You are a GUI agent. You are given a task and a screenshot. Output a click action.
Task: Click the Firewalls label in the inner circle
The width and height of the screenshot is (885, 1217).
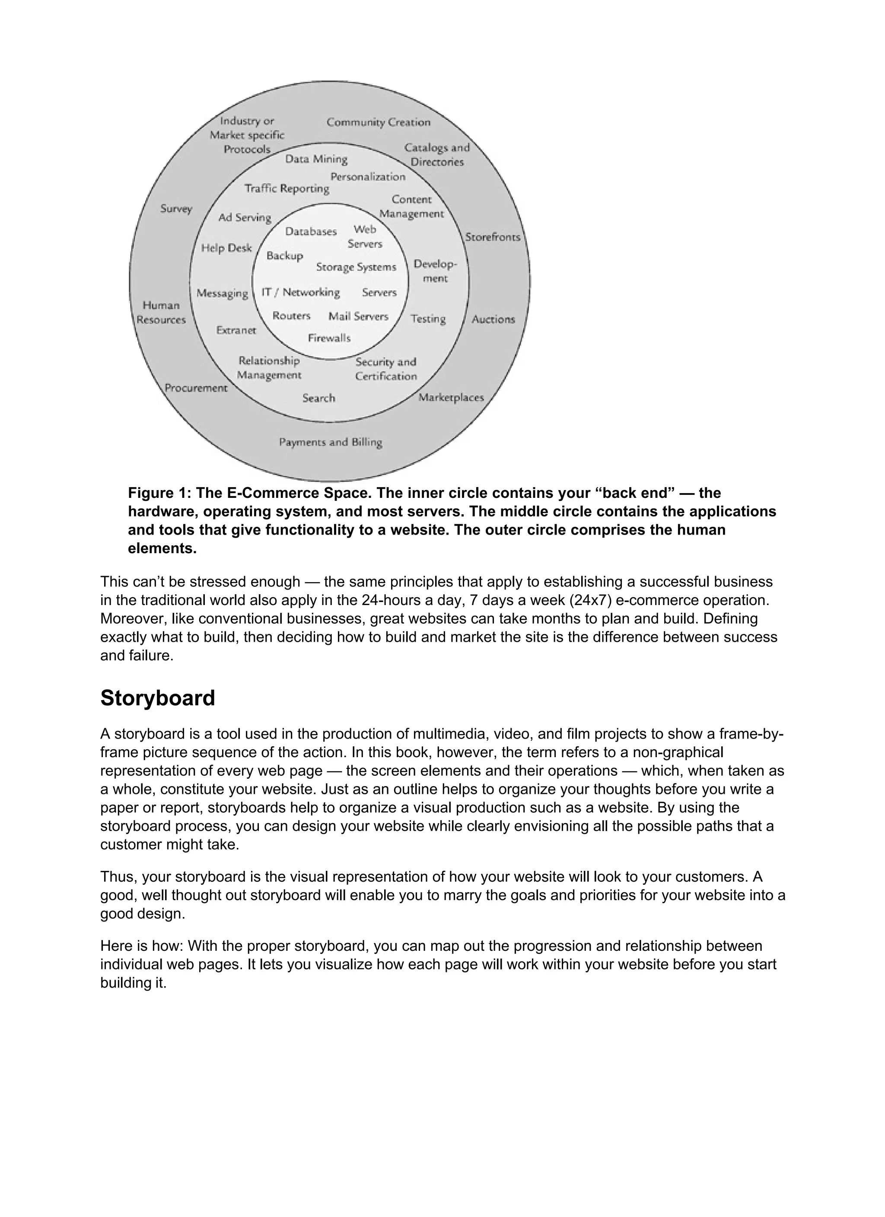[x=329, y=338]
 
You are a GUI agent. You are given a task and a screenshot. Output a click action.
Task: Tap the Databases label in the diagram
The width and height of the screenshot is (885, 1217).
[x=311, y=231]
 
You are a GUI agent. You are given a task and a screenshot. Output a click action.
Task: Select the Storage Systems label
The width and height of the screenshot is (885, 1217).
[x=356, y=267]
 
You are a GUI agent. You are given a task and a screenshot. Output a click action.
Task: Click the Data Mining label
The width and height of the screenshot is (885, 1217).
[x=316, y=159]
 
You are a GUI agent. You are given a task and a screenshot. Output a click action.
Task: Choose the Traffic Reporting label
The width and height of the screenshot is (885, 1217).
[x=287, y=188]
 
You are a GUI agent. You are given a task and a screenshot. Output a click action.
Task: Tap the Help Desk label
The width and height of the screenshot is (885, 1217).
[x=226, y=248]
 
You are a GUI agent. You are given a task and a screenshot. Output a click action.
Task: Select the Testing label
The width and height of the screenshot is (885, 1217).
[x=428, y=319]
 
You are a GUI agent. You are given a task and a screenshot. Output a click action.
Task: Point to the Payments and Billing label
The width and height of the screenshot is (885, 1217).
[x=331, y=442]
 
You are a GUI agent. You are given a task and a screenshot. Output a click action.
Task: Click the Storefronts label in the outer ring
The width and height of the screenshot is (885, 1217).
[x=492, y=237]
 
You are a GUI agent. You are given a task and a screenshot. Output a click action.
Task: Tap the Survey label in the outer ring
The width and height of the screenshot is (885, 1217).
[x=176, y=209]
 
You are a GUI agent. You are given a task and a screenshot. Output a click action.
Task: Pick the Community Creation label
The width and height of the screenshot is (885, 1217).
[x=379, y=122]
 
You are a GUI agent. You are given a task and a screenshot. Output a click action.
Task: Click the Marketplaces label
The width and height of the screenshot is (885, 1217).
[x=451, y=398]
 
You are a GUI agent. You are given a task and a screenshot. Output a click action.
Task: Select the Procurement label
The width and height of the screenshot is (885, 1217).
[x=196, y=388]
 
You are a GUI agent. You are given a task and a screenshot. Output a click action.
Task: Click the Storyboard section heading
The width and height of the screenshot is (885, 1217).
[x=157, y=698]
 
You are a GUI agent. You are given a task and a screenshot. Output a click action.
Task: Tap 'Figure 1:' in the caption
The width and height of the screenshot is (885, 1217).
[x=159, y=493]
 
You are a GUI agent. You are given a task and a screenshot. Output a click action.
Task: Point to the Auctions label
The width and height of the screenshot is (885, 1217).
[x=493, y=319]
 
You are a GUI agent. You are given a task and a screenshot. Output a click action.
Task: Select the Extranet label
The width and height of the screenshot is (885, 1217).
[x=236, y=331]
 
